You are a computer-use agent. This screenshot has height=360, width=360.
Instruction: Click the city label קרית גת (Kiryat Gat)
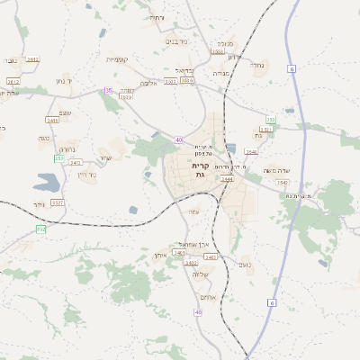tap(201, 170)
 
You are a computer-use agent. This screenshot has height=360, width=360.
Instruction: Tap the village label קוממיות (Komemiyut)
tap(118, 59)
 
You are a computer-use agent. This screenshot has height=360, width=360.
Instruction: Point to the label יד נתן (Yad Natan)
tap(76, 81)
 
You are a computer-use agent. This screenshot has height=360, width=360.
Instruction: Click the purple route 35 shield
tap(109, 90)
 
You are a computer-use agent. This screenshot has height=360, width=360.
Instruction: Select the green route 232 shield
tap(40, 229)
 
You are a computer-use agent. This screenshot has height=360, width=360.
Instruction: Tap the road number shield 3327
tap(58, 202)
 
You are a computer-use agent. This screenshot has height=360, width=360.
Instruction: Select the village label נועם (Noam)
tap(244, 264)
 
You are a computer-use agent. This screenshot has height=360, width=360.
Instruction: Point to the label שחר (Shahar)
tap(106, 158)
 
